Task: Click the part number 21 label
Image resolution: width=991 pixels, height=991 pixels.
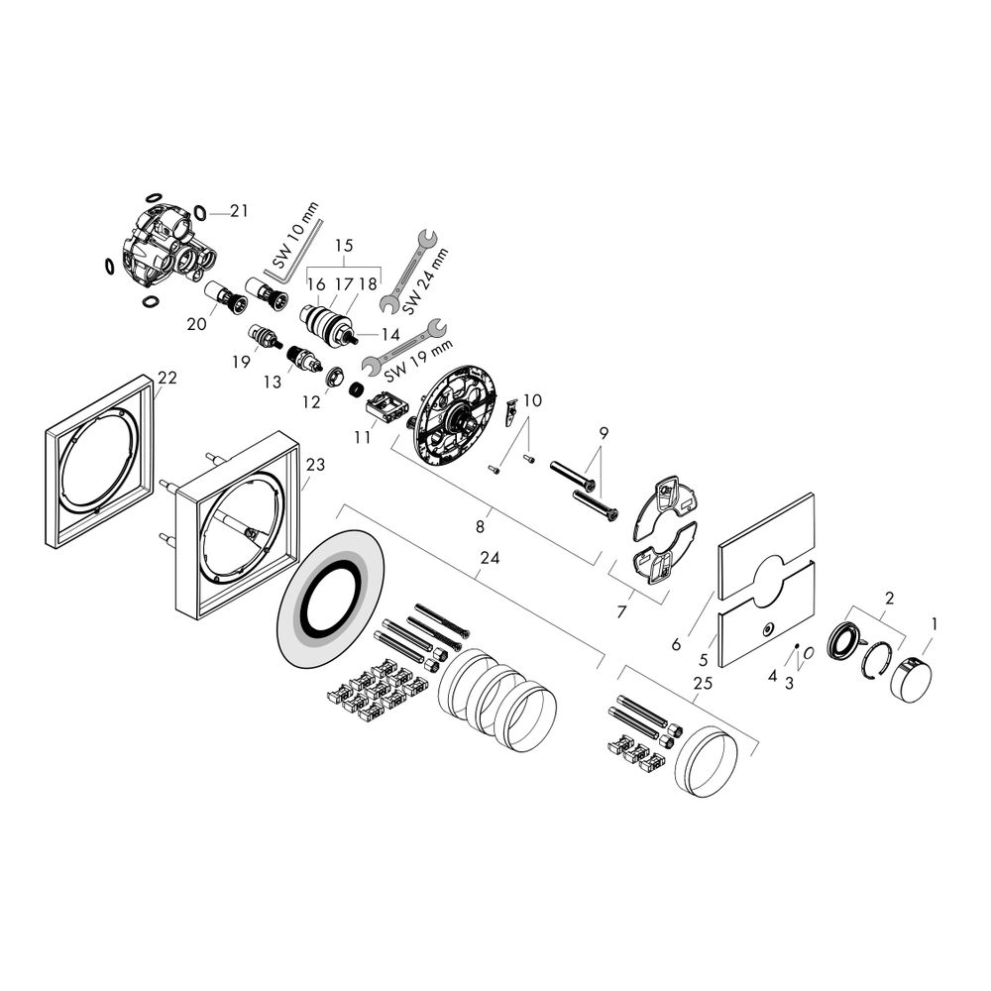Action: click(239, 211)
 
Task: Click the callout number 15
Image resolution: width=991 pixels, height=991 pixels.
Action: click(345, 245)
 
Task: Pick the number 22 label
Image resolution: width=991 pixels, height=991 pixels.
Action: click(167, 378)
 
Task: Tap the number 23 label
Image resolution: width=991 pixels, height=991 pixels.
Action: click(315, 465)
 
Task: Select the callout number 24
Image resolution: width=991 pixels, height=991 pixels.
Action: click(490, 557)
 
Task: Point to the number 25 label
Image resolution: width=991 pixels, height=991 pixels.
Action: click(703, 683)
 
